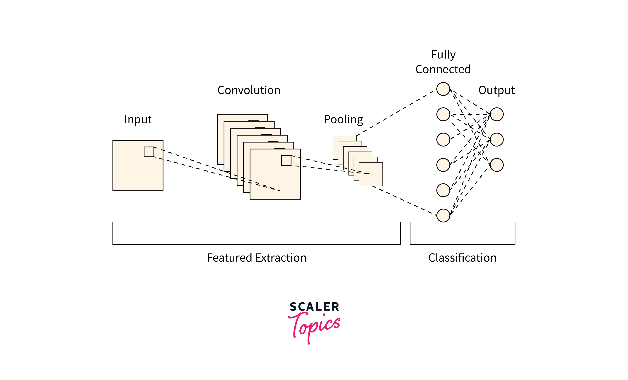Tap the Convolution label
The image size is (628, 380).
tap(249, 90)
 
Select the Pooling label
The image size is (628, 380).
tap(343, 119)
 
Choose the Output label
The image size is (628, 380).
tap(496, 90)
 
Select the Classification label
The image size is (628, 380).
tap(462, 258)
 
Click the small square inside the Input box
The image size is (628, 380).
tap(149, 152)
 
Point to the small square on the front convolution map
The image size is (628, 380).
tap(286, 161)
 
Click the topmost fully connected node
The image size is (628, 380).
tap(443, 89)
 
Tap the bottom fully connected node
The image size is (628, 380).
tap(443, 216)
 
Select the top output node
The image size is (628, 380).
tap(497, 114)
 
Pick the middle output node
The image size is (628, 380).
tap(497, 140)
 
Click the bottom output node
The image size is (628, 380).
tap(497, 165)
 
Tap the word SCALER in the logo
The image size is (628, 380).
tap(314, 307)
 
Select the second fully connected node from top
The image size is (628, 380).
tap(443, 114)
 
